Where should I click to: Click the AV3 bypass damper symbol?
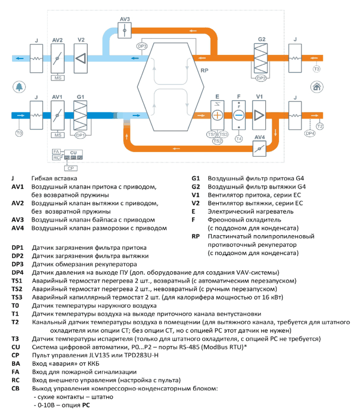pos(124,30)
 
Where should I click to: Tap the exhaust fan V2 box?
pos(80,59)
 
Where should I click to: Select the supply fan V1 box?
pos(259,115)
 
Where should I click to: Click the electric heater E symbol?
pos(217,115)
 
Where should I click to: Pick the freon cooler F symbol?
pos(239,115)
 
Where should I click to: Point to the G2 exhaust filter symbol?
pos(261,59)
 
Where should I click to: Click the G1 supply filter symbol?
pos(80,115)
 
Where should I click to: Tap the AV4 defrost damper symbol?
pos(260,148)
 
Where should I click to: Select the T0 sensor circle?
pos(19,133)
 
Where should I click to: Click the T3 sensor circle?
pos(316,69)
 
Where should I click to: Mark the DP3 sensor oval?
pos(142,46)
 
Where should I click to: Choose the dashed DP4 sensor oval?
pos(310,133)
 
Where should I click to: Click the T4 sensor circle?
pos(239,138)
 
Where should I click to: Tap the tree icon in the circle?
pos(19,87)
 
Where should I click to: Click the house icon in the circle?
pos(317,87)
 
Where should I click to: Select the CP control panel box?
pos(71,168)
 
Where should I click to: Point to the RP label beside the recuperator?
pos(204,71)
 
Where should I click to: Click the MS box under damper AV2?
pos(58,78)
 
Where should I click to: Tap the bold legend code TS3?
pos(17,297)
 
